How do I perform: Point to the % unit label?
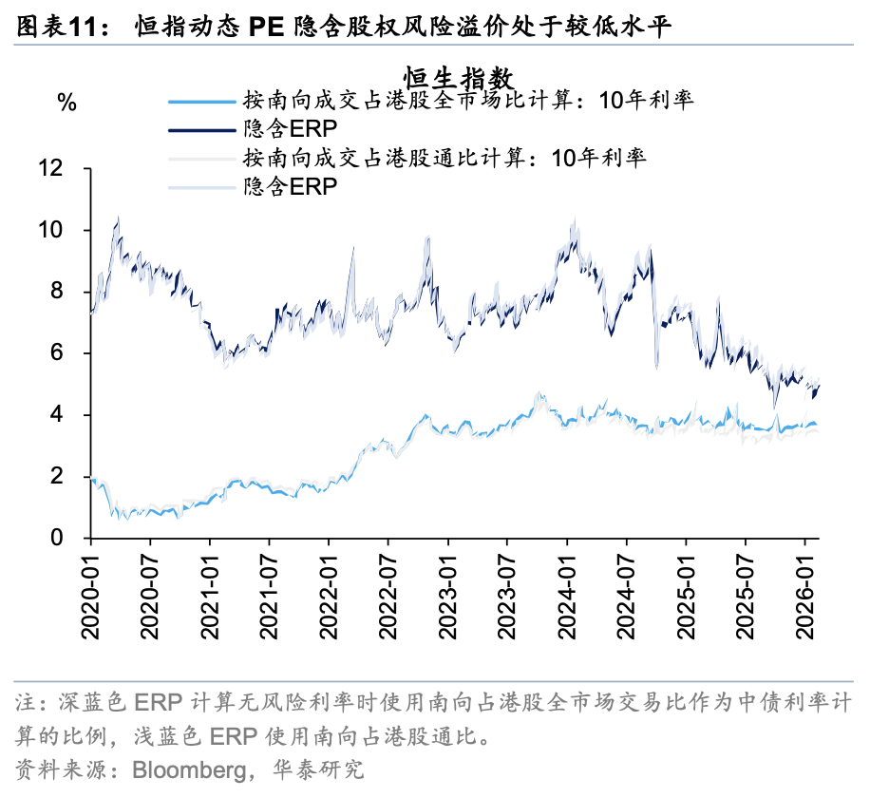click(x=67, y=104)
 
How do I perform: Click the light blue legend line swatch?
click(x=200, y=101)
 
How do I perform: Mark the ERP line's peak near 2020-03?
click(x=117, y=218)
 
